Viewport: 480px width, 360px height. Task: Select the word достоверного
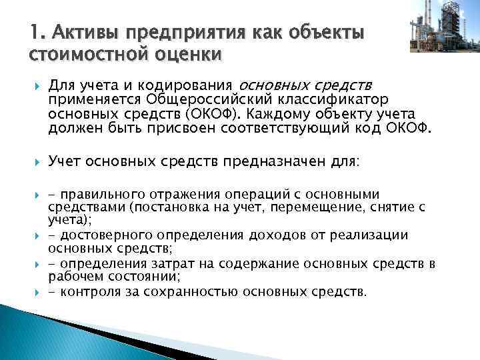pos(101,235)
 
